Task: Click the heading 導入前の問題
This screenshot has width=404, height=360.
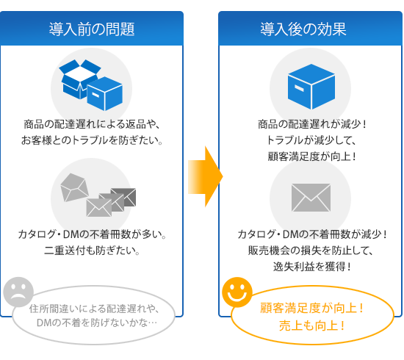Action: [x=92, y=29]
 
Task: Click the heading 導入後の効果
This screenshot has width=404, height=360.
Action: [x=303, y=29]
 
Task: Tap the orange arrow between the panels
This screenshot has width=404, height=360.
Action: [x=206, y=176]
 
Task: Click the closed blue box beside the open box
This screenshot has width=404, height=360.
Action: [x=104, y=93]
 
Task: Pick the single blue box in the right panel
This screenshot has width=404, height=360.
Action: [x=311, y=87]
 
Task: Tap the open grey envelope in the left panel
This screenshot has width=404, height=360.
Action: [x=74, y=187]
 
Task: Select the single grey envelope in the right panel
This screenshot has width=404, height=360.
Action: [x=311, y=198]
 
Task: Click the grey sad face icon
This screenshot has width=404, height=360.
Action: [x=18, y=292]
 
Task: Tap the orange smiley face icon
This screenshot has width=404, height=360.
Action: [x=237, y=292]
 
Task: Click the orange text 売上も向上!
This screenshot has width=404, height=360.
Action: [x=311, y=325]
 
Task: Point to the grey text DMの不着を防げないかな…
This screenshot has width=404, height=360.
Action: [x=97, y=323]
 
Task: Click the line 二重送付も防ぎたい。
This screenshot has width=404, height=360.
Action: [x=92, y=251]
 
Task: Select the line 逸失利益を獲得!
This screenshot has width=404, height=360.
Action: [x=311, y=267]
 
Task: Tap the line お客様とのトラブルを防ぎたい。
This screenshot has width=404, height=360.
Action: [x=92, y=140]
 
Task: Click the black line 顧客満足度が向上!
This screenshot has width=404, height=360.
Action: [x=311, y=156]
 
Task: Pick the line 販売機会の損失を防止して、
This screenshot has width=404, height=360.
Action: [x=311, y=251]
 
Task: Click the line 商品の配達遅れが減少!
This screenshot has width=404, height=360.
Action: [x=311, y=124]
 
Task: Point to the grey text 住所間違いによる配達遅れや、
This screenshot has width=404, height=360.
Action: [x=94, y=309]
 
